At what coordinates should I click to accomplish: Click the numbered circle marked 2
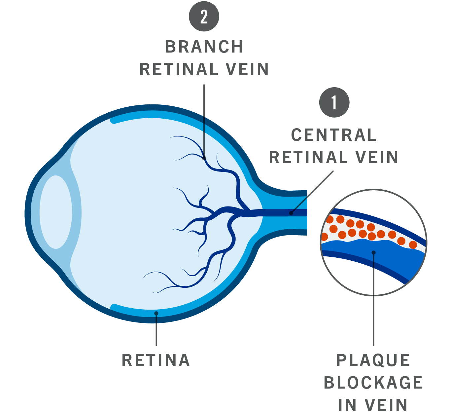(x=204, y=17)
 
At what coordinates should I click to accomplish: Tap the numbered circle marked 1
(x=334, y=102)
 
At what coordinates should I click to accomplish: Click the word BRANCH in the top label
(x=204, y=47)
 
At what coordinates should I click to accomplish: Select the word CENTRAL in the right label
(x=333, y=135)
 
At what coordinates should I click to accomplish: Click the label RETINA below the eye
(x=156, y=360)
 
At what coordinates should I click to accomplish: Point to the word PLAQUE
(x=373, y=360)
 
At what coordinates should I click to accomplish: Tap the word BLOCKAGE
(x=373, y=383)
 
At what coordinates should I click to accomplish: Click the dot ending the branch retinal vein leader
(x=204, y=158)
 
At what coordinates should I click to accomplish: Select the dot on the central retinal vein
(x=291, y=213)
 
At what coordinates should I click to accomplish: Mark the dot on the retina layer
(x=156, y=313)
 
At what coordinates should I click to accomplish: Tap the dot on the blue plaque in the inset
(x=373, y=252)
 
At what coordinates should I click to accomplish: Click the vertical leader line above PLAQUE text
(x=373, y=314)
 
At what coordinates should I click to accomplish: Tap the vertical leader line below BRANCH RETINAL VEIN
(x=204, y=119)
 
